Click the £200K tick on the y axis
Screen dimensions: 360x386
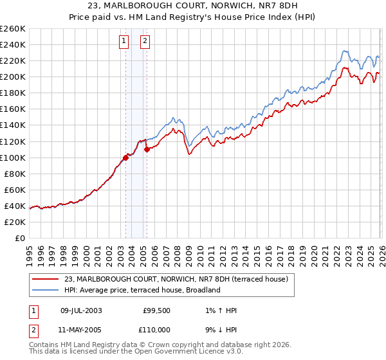point(13,76)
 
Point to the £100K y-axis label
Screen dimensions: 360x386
point(13,157)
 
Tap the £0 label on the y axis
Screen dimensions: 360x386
point(19,238)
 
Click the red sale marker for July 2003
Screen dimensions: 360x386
point(125,157)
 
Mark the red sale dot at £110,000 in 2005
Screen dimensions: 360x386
point(147,149)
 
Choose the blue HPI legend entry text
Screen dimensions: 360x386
point(142,290)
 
